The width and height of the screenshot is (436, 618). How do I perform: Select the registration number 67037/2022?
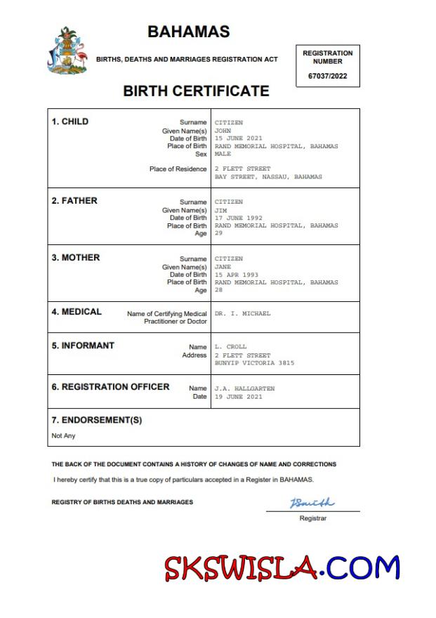pos(328,77)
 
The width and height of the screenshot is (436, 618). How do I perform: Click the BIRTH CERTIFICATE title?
pos(196,91)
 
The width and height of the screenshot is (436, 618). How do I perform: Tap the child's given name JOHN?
pos(223,131)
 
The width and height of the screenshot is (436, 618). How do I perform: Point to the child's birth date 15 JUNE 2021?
pos(238,138)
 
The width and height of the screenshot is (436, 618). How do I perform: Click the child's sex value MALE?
pos(223,154)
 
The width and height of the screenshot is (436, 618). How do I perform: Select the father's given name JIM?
pos(220,210)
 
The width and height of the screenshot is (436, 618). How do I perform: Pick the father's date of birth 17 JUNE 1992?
pos(238,218)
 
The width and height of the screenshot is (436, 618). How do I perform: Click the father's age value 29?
pos(218,234)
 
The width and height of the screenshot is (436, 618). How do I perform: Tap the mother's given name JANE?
pos(223,267)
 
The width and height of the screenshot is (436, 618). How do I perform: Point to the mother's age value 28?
pos(218,290)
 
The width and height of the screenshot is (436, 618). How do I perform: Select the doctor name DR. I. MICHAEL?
pos(242,313)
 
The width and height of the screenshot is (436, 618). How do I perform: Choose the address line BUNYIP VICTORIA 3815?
pos(254,363)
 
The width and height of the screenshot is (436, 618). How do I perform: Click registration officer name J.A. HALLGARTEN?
pos(244,388)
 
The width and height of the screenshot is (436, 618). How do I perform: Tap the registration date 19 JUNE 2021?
pos(238,397)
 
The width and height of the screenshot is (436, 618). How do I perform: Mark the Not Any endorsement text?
pos(63,436)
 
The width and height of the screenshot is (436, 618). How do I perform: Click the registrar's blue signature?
pos(312,503)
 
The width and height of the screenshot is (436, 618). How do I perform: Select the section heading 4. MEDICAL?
pos(77,312)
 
